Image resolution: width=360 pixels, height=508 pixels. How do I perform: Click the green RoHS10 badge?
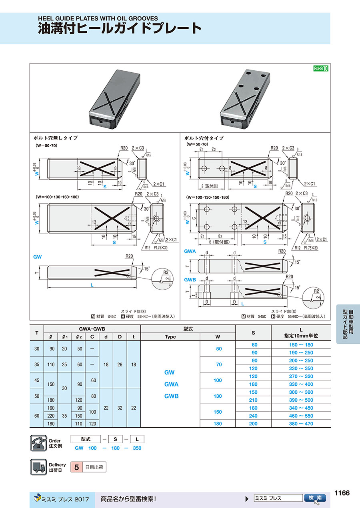coord(320,68)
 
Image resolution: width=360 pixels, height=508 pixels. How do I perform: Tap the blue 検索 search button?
coord(315,498)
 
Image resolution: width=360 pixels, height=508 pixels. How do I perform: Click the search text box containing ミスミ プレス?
coord(278,498)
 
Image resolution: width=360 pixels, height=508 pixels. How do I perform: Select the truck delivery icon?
coord(39,467)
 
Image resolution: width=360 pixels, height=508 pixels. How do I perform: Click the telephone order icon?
coord(39,443)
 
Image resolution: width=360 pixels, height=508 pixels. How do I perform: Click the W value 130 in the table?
coord(218,396)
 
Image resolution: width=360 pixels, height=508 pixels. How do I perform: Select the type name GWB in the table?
coord(171,396)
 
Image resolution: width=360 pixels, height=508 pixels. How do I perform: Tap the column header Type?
coord(170,337)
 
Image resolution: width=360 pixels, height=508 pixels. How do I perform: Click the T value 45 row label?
coord(37,380)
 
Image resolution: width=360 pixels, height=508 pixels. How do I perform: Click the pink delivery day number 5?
coord(76,467)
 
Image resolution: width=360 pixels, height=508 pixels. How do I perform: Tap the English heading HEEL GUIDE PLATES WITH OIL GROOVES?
coord(98,18)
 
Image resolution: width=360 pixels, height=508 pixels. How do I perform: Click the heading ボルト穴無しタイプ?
coord(56,138)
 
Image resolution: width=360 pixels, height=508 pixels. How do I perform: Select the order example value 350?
coord(137,448)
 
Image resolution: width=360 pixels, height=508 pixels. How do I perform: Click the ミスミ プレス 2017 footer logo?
coord(62,498)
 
